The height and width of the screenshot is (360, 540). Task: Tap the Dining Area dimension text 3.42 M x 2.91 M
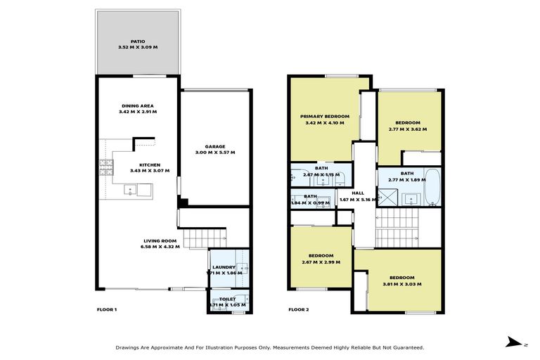coord(139,112)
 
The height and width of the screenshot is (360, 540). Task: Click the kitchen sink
coord(131,189)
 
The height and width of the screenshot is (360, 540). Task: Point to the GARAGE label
coord(214,146)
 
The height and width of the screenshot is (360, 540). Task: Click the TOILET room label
coord(227,298)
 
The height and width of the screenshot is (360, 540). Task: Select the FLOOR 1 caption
coord(107,309)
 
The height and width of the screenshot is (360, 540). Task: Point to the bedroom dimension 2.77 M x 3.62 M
coord(407,129)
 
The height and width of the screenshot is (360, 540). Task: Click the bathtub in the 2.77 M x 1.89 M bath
coord(433,186)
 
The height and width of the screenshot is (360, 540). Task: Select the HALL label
coord(359,193)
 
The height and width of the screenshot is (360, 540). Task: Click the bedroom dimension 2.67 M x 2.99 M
coord(321,262)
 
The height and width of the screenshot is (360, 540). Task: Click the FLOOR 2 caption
coord(299,309)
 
